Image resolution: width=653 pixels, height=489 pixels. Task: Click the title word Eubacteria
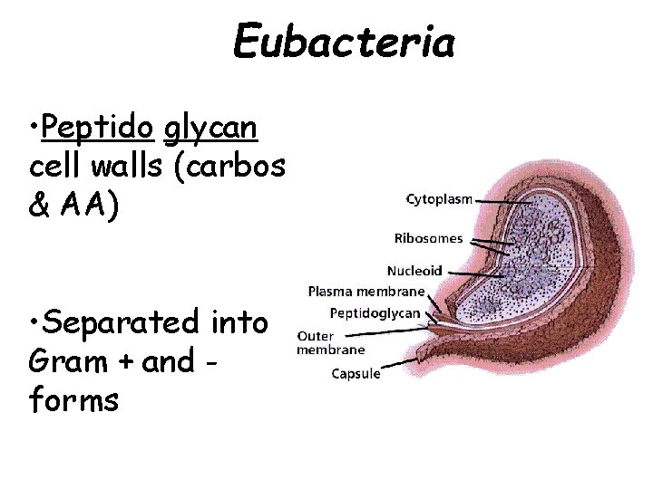click(344, 40)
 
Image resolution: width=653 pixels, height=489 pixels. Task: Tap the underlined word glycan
click(211, 129)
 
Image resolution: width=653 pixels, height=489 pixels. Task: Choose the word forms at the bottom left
click(73, 400)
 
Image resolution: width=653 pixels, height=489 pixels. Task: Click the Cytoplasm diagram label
click(439, 200)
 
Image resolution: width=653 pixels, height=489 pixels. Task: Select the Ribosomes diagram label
click(428, 239)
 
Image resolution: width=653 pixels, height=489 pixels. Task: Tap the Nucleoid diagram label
click(414, 270)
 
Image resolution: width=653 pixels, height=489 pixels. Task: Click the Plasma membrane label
click(366, 292)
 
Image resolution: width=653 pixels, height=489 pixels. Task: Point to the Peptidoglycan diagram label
click(375, 313)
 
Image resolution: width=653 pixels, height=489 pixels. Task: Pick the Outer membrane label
click(330, 341)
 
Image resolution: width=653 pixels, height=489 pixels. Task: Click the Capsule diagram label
click(356, 373)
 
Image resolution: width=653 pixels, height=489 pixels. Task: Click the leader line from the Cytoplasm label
click(495, 200)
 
